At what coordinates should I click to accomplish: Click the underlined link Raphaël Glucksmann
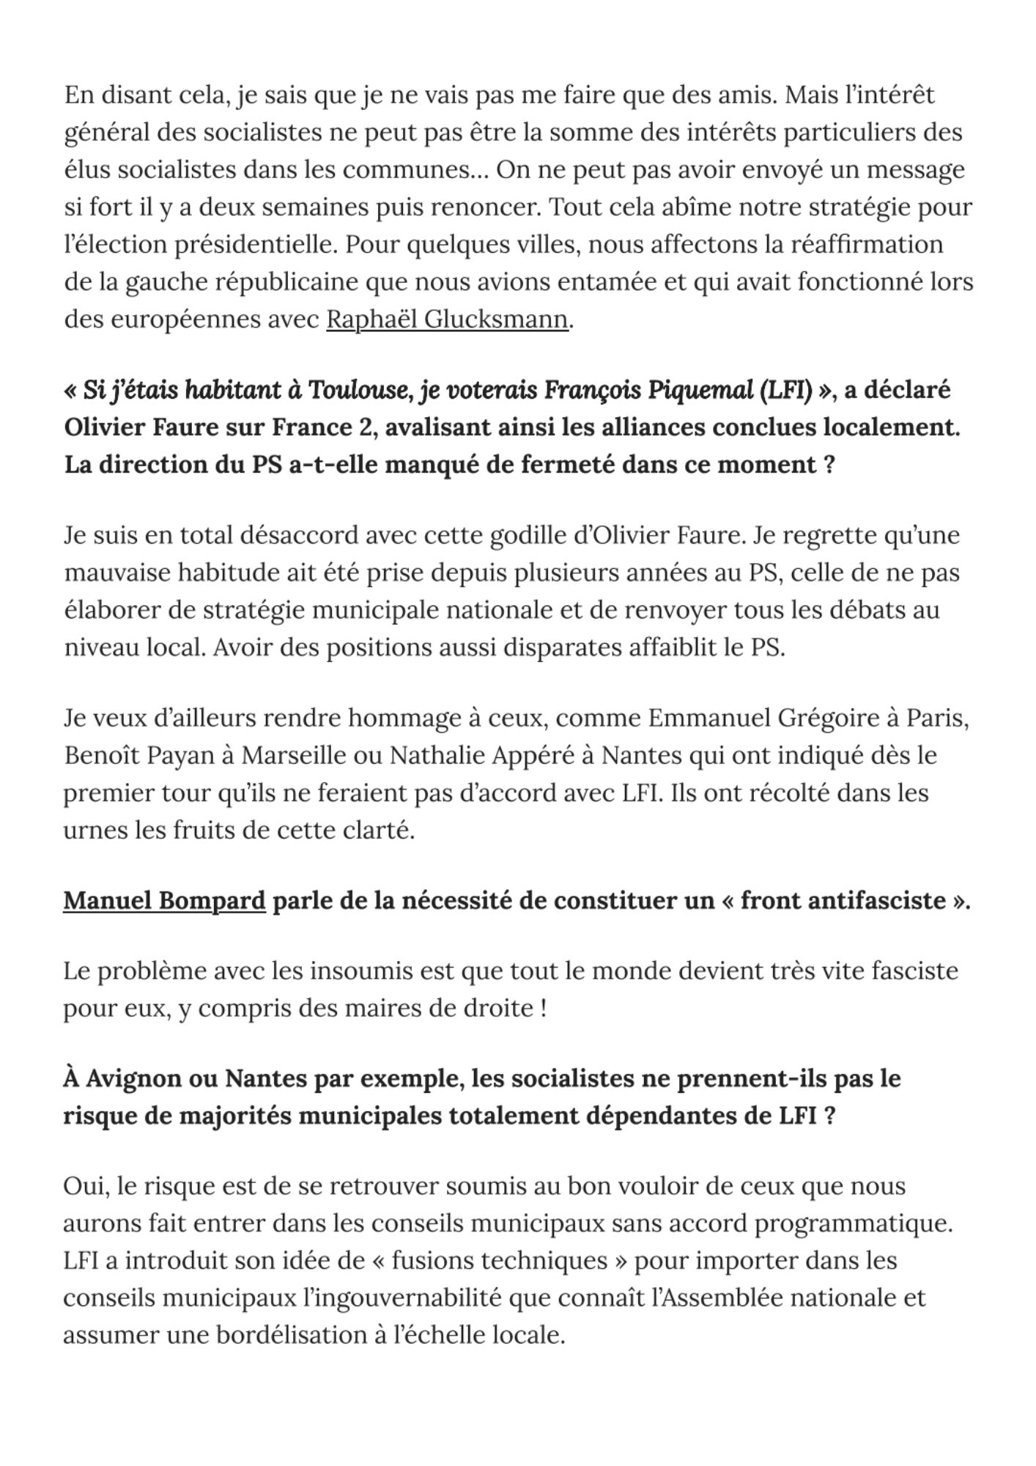click(x=447, y=320)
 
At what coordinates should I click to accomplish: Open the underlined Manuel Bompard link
click(x=164, y=900)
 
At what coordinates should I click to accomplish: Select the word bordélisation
click(x=291, y=1335)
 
